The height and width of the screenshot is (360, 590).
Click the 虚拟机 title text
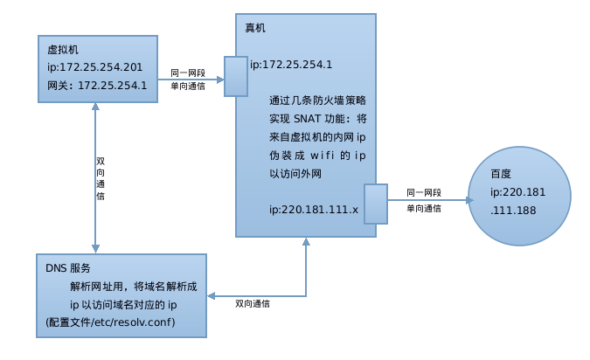click(62, 50)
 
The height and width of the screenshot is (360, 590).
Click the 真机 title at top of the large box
click(255, 28)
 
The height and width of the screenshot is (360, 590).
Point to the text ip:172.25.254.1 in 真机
click(291, 65)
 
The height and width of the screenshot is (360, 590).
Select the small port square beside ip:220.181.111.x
click(376, 204)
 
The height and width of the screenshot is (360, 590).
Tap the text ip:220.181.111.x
click(315, 210)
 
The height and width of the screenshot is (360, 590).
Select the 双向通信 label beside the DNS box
click(253, 303)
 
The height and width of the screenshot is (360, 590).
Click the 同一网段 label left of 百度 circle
click(424, 192)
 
